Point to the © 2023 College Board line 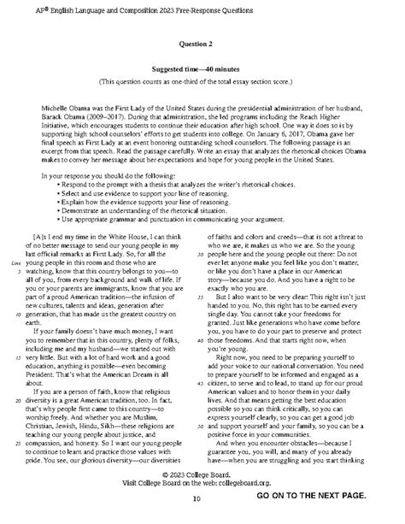203,495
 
